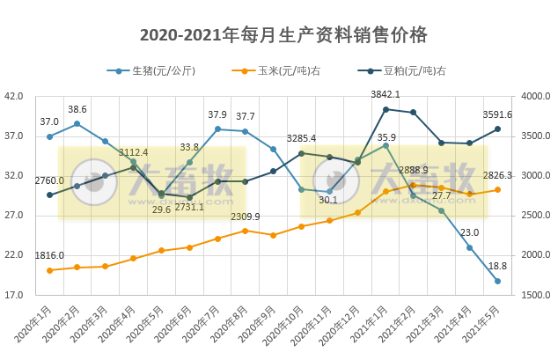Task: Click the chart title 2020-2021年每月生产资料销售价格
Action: [283, 35]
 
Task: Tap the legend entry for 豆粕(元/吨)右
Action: [415, 70]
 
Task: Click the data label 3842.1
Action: [385, 94]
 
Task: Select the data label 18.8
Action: [497, 266]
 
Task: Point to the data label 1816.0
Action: [49, 255]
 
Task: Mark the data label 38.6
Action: [77, 109]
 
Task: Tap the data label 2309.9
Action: [246, 217]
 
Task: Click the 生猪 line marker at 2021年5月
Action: [497, 281]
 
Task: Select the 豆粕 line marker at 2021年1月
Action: [385, 109]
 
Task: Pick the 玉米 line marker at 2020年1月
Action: [49, 270]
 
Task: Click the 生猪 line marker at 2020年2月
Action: [77, 124]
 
